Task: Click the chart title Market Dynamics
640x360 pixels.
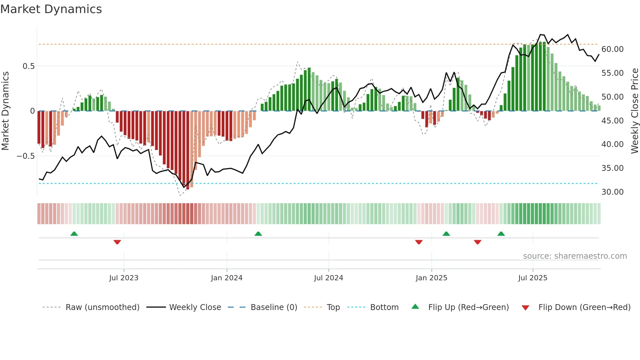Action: click(51, 9)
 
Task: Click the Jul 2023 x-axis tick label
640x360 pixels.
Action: click(124, 278)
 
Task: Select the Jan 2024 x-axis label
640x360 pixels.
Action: click(227, 278)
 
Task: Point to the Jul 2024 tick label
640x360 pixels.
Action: click(328, 278)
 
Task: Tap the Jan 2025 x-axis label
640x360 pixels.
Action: click(431, 278)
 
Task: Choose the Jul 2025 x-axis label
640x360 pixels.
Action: click(533, 278)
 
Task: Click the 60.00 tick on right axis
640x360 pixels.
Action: click(612, 49)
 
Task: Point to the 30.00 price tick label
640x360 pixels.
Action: click(612, 192)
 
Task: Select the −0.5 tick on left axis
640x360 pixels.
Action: click(25, 156)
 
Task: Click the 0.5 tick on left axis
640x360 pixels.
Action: click(28, 66)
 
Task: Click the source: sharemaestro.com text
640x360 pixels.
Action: click(575, 256)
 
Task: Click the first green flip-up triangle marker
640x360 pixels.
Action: click(74, 234)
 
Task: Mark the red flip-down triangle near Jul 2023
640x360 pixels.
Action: click(117, 242)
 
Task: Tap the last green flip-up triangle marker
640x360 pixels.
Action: click(501, 234)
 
